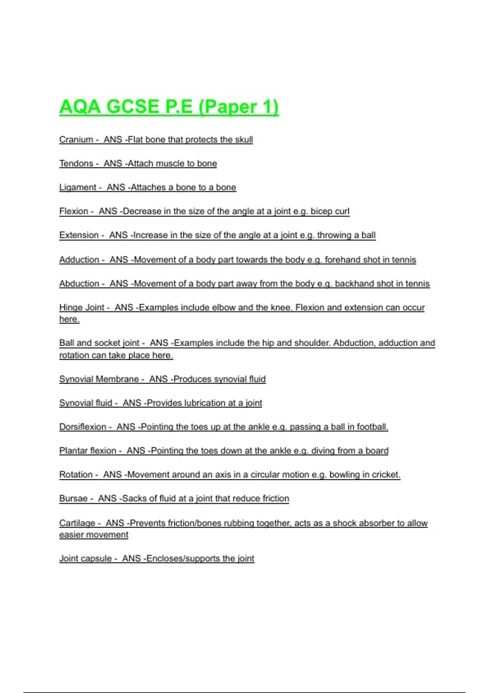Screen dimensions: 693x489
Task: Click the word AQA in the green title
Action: point(80,107)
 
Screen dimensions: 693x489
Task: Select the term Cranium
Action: point(76,139)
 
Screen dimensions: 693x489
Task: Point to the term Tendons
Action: point(76,163)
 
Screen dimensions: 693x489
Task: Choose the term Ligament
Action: point(77,188)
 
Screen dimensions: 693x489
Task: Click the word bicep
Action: point(322,212)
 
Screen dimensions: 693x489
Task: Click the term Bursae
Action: point(73,499)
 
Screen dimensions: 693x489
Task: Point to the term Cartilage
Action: point(77,523)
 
